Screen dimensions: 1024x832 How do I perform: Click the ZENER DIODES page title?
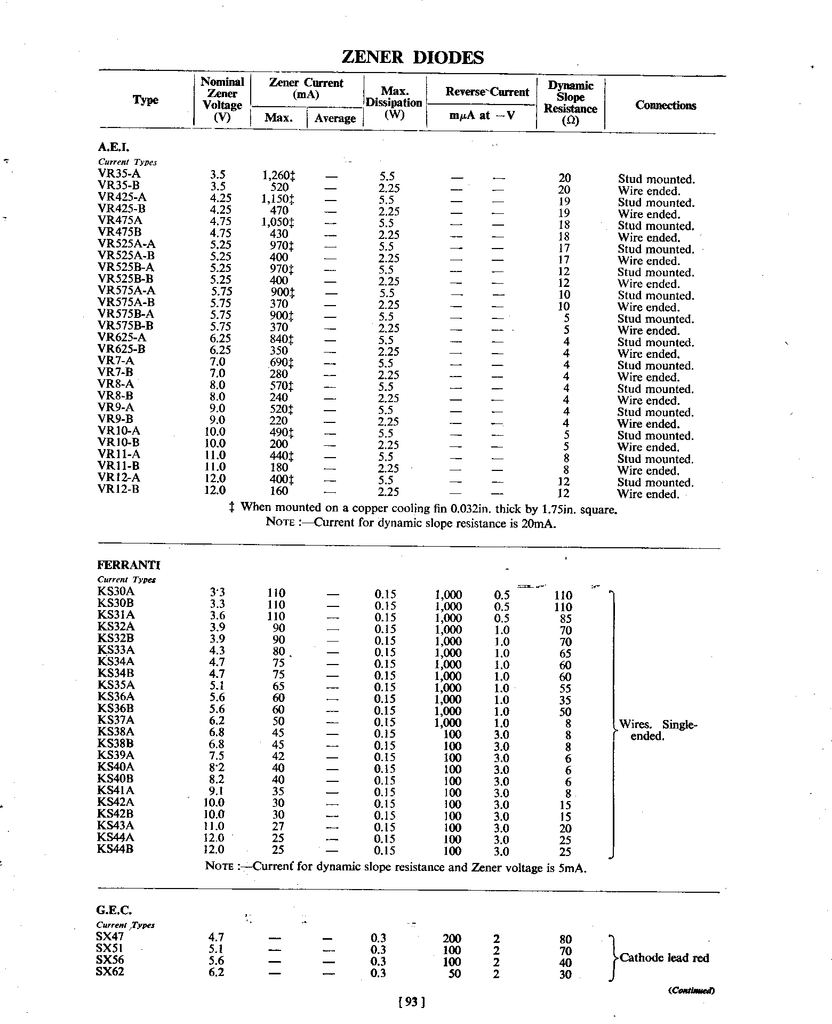coord(412,58)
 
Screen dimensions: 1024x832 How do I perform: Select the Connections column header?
coord(666,105)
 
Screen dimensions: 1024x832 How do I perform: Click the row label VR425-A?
coord(122,197)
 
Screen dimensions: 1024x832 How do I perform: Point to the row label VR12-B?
coord(119,489)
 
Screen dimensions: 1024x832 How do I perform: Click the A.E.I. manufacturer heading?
coord(114,147)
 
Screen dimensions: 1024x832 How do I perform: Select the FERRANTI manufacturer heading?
coord(129,565)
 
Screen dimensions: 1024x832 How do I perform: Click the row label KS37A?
coord(116,721)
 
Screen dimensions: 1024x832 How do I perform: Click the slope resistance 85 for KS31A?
coord(566,619)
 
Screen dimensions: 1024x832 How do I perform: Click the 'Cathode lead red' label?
coord(665,958)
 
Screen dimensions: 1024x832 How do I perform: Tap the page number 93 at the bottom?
coord(411,1003)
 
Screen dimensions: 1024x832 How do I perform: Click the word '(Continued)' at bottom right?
coord(691,990)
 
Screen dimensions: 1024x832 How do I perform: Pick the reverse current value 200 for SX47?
coord(452,938)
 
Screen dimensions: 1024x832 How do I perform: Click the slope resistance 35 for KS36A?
coord(566,700)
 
